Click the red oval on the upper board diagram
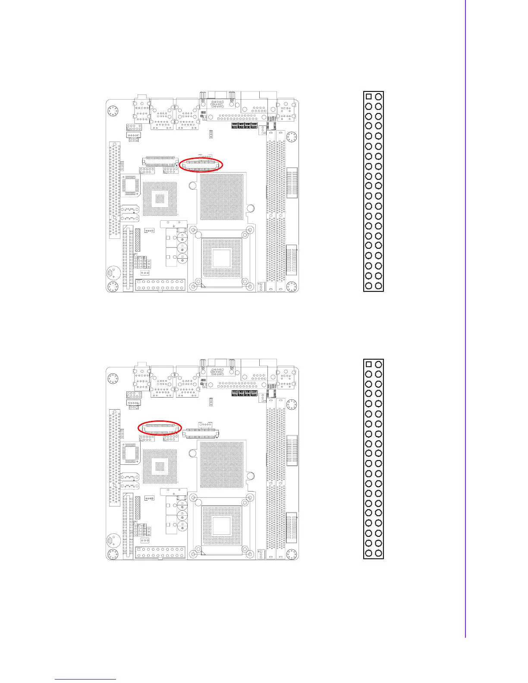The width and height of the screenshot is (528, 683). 201,165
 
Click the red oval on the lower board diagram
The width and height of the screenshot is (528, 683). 159,428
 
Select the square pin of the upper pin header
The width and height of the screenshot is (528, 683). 368,97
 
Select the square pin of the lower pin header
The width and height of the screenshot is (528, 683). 368,364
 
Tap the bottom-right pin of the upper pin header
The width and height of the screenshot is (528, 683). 378,285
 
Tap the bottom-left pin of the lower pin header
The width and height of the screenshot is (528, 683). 368,553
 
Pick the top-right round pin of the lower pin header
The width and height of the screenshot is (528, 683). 378,364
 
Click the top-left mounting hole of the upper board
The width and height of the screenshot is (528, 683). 112,111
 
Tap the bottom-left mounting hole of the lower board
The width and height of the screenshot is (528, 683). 112,555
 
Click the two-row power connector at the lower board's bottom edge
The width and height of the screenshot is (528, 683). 160,552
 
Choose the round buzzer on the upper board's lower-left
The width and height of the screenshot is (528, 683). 111,273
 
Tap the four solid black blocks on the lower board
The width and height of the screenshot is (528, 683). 245,394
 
